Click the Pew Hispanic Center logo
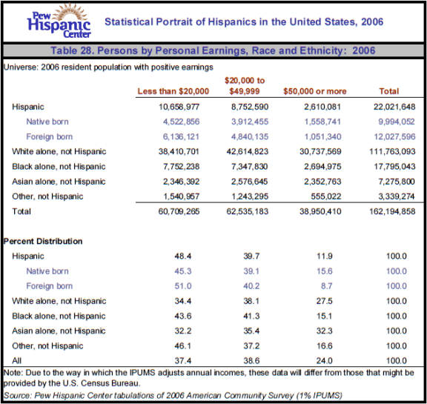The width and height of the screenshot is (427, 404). tap(59, 21)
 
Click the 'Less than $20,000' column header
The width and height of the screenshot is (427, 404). tap(173, 91)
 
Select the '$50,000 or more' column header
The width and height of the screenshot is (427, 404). tap(315, 91)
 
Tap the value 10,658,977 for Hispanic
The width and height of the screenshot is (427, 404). tap(179, 107)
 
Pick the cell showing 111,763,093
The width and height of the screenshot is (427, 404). tap(392, 151)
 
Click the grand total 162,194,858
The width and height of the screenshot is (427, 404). tap(392, 211)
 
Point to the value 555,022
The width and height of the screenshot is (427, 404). tap(326, 196)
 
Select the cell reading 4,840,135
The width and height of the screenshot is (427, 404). tap(250, 136)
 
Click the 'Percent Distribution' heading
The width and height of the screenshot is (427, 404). tap(43, 241)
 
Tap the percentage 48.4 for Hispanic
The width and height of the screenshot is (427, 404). tap(183, 256)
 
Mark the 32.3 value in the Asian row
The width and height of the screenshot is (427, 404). tap(325, 331)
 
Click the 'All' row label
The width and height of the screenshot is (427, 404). tap(16, 361)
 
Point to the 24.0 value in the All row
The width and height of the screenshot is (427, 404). tap(325, 361)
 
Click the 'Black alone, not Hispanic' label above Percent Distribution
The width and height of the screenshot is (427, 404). tap(59, 166)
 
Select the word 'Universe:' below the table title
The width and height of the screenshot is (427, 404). tap(21, 67)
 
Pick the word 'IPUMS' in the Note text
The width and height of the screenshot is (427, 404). tap(142, 373)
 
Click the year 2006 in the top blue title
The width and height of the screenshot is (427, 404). tap(372, 21)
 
